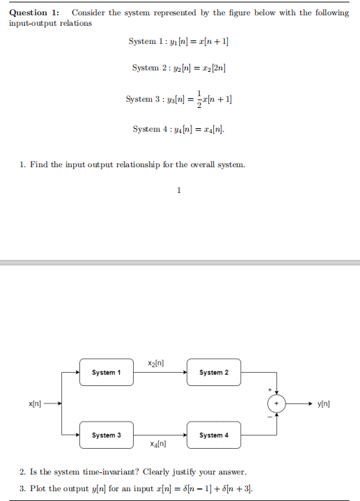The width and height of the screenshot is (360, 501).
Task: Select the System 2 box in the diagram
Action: coord(213,373)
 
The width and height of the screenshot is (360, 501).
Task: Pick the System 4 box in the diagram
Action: coord(213,435)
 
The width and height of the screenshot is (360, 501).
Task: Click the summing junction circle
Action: coord(276,403)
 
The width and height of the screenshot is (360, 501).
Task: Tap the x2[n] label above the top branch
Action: coord(157,363)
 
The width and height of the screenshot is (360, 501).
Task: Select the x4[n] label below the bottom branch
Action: coord(157,444)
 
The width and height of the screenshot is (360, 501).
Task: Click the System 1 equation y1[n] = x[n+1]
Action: coord(179,42)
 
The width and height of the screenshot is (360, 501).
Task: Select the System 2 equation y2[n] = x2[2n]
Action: coord(179,68)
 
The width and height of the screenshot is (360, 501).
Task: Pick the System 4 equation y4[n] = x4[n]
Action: coord(179,129)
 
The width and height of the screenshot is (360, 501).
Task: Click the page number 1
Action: coord(179,189)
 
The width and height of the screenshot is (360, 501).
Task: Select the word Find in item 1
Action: coord(39,164)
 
